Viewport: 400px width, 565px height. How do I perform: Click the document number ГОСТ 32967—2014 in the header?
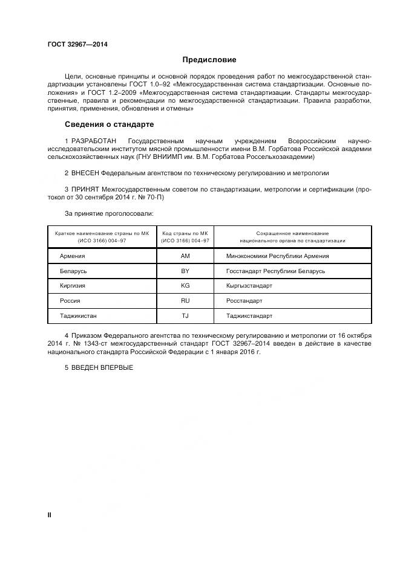point(74,44)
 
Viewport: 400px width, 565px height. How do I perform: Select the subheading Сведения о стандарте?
point(109,124)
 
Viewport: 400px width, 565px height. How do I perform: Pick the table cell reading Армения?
point(73,256)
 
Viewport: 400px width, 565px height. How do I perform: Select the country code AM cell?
point(185,256)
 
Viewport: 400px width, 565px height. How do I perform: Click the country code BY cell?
point(185,271)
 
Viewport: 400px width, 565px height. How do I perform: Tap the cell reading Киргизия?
point(73,285)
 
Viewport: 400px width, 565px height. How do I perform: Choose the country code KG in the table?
point(185,285)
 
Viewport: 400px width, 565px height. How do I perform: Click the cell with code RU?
point(185,300)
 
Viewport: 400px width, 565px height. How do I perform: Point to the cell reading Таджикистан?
point(78,315)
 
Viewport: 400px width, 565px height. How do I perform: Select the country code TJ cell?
point(185,315)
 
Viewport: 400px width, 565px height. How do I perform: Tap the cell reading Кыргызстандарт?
point(249,285)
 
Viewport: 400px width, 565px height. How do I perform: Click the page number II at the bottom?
point(50,515)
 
